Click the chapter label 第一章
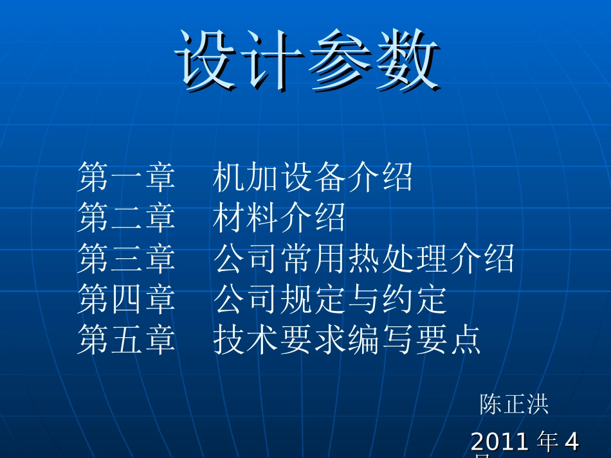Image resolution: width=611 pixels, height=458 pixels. pos(126,177)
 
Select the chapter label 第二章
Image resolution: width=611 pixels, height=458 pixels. pos(126,218)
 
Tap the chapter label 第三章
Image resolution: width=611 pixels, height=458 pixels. pos(126,258)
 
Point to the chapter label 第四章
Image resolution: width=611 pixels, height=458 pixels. pos(126,299)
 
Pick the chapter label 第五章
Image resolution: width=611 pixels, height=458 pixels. pos(126,339)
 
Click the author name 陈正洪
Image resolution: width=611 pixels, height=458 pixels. pos(514,404)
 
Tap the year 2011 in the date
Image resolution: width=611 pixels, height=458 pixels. pos(500,442)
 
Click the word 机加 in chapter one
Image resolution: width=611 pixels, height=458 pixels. pos(246,177)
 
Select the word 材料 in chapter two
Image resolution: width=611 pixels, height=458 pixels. pos(246,218)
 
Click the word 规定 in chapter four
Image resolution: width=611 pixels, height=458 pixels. pos(313,299)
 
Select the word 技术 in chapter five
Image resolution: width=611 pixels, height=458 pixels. pos(246,339)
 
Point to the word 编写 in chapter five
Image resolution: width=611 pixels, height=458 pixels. pos(380,339)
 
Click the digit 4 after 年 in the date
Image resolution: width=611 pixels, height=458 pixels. pos(571,442)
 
